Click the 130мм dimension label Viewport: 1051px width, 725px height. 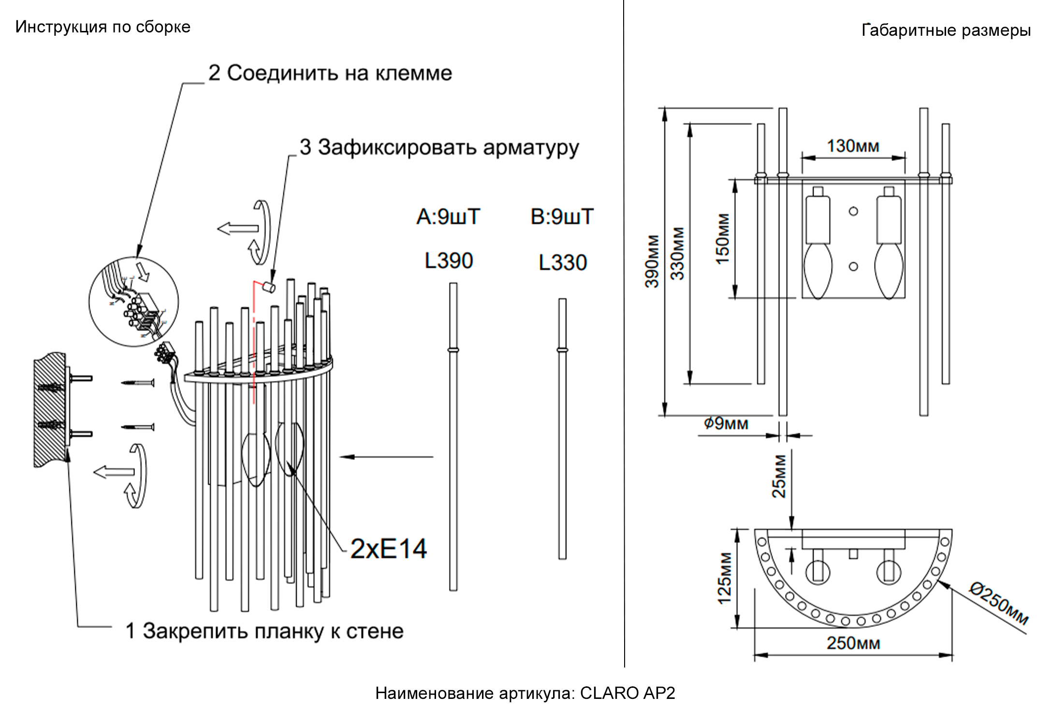853,146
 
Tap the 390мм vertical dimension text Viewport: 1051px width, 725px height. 652,261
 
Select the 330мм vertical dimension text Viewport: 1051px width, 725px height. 678,254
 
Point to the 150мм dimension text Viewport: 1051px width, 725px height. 723,239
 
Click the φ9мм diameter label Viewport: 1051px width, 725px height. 726,424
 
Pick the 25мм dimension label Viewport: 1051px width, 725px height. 779,476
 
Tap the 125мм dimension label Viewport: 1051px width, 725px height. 725,578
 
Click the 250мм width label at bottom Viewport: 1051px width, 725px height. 853,643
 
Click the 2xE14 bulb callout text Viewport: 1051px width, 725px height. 388,549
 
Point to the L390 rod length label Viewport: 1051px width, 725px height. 449,261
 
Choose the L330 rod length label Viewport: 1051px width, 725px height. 563,263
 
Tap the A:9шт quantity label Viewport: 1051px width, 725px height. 448,217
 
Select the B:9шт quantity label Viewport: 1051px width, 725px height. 562,217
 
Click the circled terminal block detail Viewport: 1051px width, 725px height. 134,302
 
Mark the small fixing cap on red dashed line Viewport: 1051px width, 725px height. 268,287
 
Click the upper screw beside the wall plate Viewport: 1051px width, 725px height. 138,383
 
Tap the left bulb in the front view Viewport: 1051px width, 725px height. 817,271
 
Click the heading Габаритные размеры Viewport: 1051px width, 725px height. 946,30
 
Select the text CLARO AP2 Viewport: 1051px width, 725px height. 627,693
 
